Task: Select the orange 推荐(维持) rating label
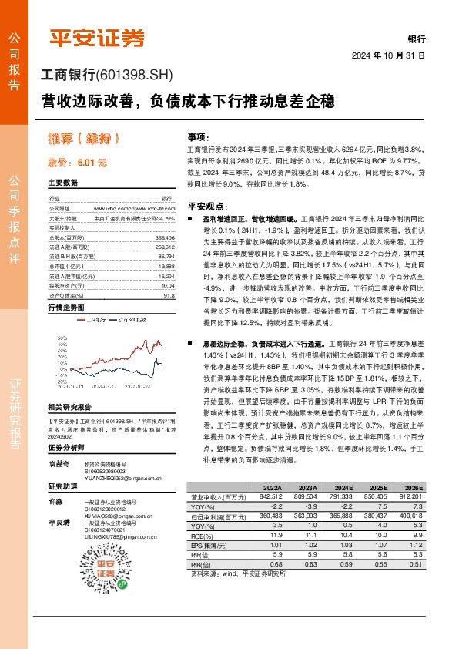tap(82, 140)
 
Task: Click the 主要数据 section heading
tap(63, 183)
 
